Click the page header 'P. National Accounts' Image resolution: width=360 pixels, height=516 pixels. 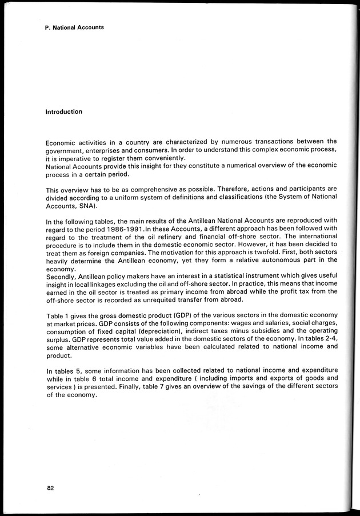(x=74, y=27)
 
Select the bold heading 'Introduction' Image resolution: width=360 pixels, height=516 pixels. (x=63, y=112)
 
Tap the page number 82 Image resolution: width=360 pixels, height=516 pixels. (x=50, y=488)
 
